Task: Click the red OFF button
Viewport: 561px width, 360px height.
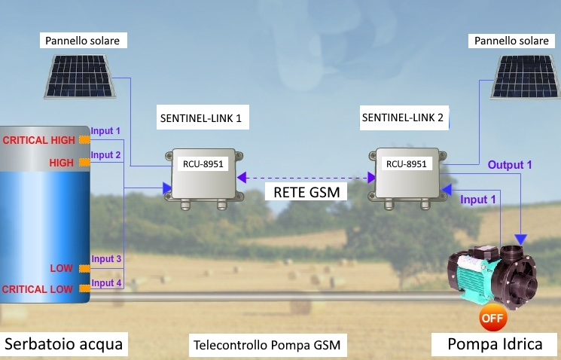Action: [x=492, y=317]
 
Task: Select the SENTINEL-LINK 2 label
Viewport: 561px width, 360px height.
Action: [x=403, y=117]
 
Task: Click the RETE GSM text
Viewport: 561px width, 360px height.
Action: [x=306, y=192]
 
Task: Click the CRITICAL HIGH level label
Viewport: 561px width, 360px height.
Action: [x=39, y=140]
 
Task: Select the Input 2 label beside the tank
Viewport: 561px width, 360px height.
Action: [x=106, y=155]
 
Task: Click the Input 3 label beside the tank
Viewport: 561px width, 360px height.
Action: [x=106, y=259]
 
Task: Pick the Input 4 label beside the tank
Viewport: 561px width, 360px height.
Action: [x=106, y=283]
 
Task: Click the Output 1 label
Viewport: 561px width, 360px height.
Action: [x=510, y=164]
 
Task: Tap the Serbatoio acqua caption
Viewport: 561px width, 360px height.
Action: [x=63, y=344]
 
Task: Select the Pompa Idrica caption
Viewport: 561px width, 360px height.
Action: [x=495, y=344]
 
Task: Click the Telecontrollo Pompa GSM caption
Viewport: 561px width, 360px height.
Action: [x=267, y=346]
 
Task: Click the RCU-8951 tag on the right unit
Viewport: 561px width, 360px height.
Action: [x=407, y=163]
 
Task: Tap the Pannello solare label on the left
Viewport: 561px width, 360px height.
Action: [x=82, y=41]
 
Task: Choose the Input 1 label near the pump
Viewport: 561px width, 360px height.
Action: [x=478, y=200]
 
